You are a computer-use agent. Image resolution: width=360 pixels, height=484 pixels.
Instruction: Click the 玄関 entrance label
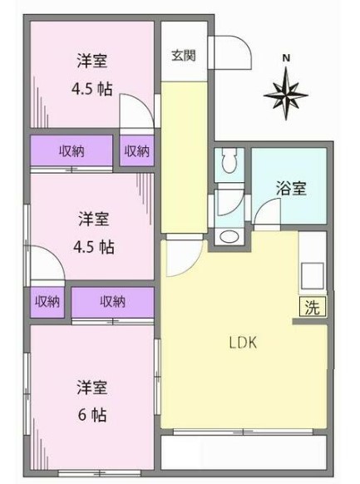pyautogui.click(x=184, y=56)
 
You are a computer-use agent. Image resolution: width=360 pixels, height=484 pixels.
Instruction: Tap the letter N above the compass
pyautogui.click(x=287, y=57)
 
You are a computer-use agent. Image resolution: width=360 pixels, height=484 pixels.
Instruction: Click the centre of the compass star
pyautogui.click(x=286, y=95)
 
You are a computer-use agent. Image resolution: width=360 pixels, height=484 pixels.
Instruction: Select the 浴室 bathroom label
pyautogui.click(x=291, y=188)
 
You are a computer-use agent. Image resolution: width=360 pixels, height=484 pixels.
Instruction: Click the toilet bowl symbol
pyautogui.click(x=229, y=161)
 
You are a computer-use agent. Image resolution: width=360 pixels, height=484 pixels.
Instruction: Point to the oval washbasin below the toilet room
pyautogui.click(x=229, y=237)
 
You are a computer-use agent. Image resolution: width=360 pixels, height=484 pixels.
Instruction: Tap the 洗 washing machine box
pyautogui.click(x=312, y=307)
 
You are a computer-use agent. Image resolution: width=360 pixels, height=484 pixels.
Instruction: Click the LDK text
pyautogui.click(x=243, y=343)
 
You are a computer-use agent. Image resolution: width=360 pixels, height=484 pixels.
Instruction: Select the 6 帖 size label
pyautogui.click(x=92, y=414)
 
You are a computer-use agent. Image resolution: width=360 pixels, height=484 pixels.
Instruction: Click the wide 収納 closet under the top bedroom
pyautogui.click(x=72, y=151)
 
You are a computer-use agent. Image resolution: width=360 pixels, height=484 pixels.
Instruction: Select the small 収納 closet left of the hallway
pyautogui.click(x=136, y=151)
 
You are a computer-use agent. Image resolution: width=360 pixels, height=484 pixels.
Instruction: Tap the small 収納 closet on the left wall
pyautogui.click(x=47, y=302)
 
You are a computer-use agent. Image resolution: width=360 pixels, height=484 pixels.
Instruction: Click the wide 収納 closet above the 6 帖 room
pyautogui.click(x=112, y=302)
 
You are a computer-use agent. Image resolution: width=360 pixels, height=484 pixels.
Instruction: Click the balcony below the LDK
pyautogui.click(x=244, y=452)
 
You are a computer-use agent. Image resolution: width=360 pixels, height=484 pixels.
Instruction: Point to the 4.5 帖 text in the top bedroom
pyautogui.click(x=92, y=89)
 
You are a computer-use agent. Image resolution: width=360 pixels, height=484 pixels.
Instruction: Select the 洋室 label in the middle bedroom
pyautogui.click(x=93, y=219)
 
